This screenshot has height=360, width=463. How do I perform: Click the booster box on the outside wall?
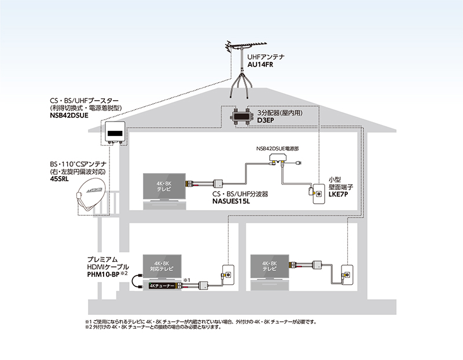tap(114, 134)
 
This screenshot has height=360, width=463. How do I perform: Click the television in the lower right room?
tap(270, 268)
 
